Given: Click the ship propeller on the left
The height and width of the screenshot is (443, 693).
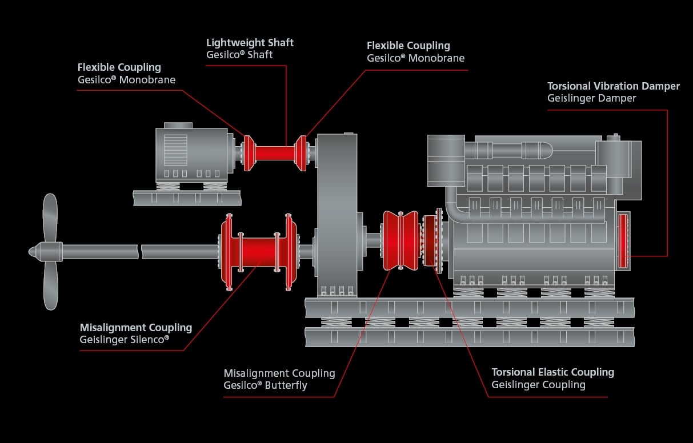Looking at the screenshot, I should coord(50,251).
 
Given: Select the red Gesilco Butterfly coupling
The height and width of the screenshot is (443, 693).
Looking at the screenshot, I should coord(400,240).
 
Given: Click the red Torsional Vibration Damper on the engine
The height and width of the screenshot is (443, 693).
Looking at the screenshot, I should coord(623,240).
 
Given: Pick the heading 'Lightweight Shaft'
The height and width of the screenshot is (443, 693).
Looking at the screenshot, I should coord(250,43).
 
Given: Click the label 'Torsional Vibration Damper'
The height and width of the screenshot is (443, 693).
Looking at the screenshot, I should coord(613,86).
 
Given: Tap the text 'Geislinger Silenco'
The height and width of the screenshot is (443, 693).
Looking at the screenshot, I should coord(125,340).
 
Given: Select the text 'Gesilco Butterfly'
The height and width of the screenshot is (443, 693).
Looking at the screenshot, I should coord(265,385).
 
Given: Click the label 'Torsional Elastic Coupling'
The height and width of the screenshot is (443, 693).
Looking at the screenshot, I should coord(552,372).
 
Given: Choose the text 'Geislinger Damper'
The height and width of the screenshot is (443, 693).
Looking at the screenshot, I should coord(591,98).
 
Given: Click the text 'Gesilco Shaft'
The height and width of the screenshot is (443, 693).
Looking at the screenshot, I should coord(239,55).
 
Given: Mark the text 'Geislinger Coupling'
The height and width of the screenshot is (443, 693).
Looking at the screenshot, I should coord(538,385).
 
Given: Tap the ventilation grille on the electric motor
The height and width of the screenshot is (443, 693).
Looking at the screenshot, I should coord(175,150).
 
